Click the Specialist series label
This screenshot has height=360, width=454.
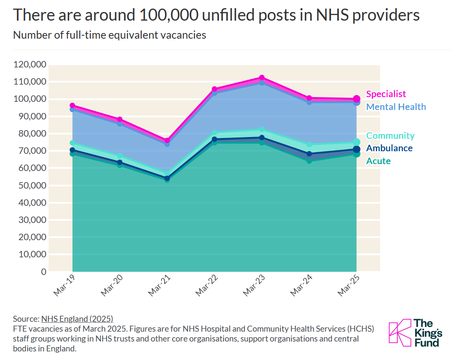tap(386, 94)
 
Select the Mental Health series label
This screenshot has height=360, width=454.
tap(396, 107)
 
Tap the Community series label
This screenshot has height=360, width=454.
tap(390, 136)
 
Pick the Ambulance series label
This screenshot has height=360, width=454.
tap(389, 148)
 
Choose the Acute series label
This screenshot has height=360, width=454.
tap(378, 161)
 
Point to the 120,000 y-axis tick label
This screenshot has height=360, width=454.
tap(30, 64)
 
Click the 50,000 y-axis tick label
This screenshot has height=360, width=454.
tap(33, 185)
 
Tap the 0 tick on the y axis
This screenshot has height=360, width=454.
tap(44, 272)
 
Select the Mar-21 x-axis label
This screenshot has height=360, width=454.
tap(159, 286)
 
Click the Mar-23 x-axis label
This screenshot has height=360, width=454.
tap(254, 286)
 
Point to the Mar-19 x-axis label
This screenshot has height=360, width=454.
tap(64, 286)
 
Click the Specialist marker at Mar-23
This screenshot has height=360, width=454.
tap(262, 78)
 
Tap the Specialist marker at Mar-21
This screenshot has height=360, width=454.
tap(167, 140)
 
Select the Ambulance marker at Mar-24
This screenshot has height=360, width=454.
tap(309, 154)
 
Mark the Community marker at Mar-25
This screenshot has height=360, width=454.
tap(356, 142)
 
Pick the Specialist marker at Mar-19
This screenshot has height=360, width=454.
tap(73, 106)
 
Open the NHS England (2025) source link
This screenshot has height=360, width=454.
tap(77, 319)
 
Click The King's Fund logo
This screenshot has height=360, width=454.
tap(415, 333)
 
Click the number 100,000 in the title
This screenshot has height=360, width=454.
tap(168, 15)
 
